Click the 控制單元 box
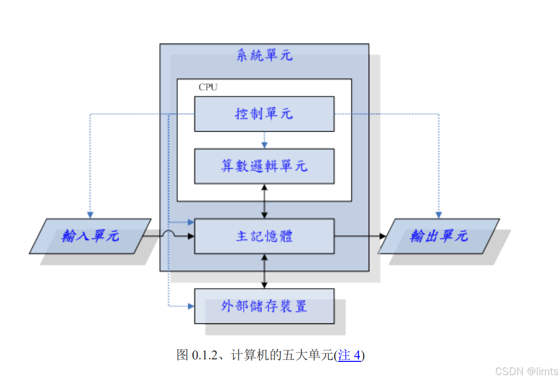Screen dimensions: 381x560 (264, 114)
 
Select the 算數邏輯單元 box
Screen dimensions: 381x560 (264, 166)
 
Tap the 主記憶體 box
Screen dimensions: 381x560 (264, 236)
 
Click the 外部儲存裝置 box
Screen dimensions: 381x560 (264, 306)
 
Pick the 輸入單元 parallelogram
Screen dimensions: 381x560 (90, 236)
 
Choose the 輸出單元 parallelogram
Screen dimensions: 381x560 (439, 236)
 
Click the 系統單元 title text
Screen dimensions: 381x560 (264, 55)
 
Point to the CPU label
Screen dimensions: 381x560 (208, 88)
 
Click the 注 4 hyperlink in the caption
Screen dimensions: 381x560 (350, 355)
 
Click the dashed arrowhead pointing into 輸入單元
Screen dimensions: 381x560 (90, 215)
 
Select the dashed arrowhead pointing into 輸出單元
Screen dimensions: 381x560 (439, 215)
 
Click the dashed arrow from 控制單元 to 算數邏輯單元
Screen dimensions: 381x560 (264, 140)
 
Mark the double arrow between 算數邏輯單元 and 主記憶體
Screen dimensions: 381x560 (264, 201)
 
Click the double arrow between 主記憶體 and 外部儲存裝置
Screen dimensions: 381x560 (264, 271)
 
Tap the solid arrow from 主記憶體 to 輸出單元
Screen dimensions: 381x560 (359, 236)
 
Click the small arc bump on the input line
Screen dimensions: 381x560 (168, 234)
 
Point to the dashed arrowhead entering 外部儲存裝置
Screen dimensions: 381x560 (191, 306)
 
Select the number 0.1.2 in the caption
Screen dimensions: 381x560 (204, 355)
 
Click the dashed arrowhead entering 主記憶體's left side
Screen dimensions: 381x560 (191, 222)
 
